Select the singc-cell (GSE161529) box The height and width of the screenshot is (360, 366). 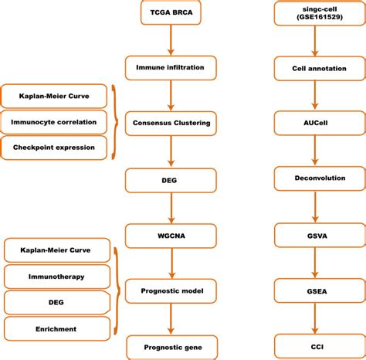pyautogui.click(x=313, y=13)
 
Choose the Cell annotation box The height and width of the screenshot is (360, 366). pyautogui.click(x=313, y=67)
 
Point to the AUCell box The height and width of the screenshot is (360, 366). pyautogui.click(x=313, y=123)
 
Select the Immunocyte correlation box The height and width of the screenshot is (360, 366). pyautogui.click(x=53, y=122)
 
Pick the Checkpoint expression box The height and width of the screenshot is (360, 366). pyautogui.click(x=53, y=147)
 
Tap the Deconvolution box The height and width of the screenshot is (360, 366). pyautogui.click(x=313, y=178)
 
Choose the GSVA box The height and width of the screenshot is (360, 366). pyautogui.click(x=313, y=234)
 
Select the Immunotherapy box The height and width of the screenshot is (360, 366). pyautogui.click(x=55, y=275)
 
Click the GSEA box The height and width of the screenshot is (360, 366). pyautogui.click(x=313, y=290)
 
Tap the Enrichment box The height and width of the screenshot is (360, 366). pyautogui.click(x=55, y=328)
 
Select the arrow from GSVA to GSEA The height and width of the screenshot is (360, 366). pyautogui.click(x=313, y=262)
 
